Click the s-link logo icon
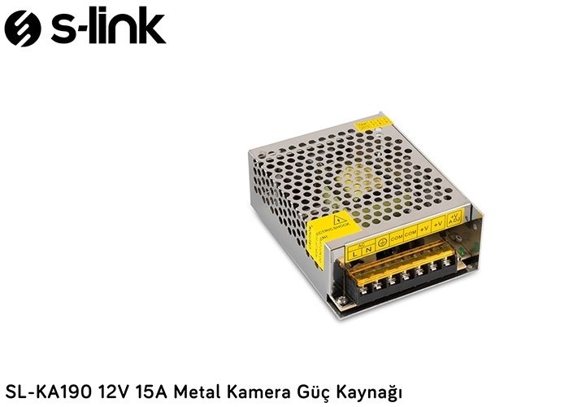(22, 28)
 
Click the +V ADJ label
(454, 217)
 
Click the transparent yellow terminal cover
(398, 260)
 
